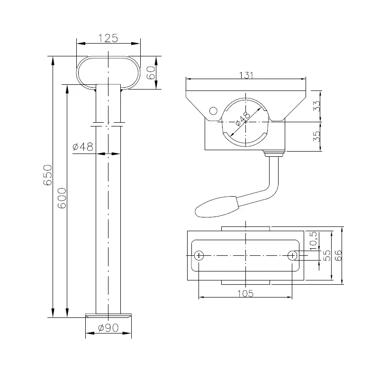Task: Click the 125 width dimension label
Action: [x=108, y=38]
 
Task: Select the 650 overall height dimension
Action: [x=48, y=175]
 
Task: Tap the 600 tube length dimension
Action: [x=62, y=198]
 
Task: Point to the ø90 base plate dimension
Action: [x=108, y=328]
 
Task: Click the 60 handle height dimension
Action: [x=151, y=72]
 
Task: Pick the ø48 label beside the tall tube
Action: [x=82, y=146]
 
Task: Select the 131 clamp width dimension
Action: [x=246, y=75]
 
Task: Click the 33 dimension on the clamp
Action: [x=316, y=106]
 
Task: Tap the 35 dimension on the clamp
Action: [x=316, y=136]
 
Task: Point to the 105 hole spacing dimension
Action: [x=245, y=293]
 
